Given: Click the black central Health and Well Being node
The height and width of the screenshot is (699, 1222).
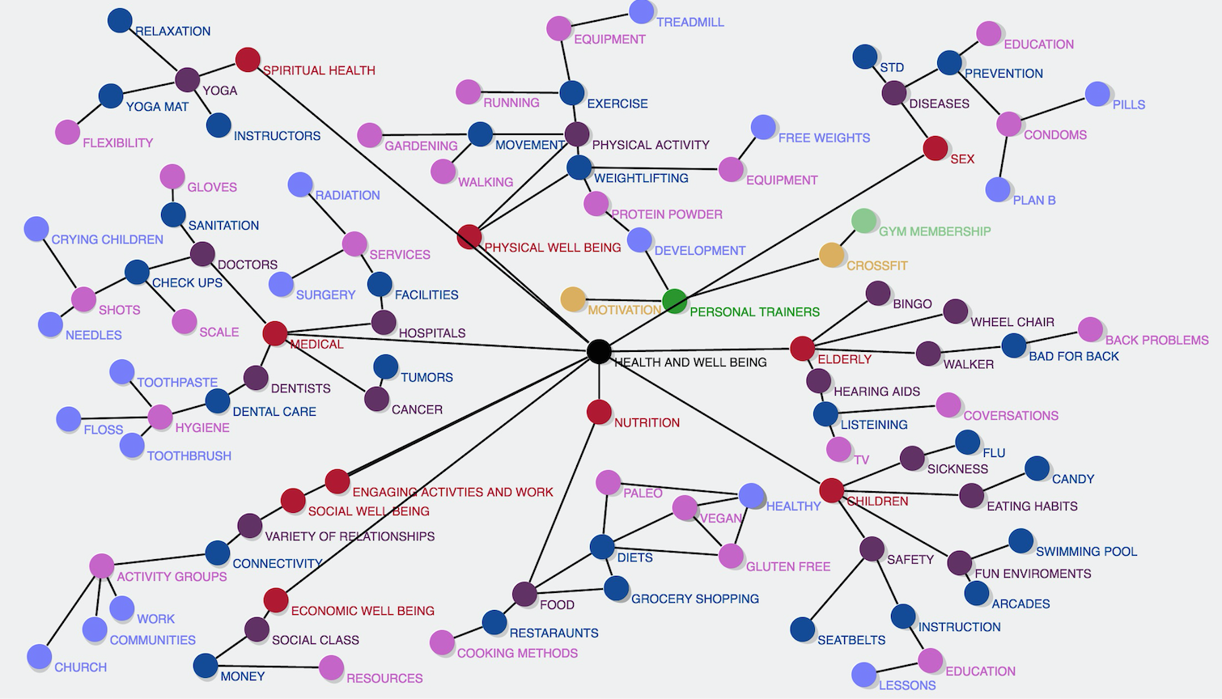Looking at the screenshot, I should pos(599,351).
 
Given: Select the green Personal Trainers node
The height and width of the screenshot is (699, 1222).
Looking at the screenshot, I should pos(674,301).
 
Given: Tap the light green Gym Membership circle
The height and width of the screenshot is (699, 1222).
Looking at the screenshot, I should pos(864,221).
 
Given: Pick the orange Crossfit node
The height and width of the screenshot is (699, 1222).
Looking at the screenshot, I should pos(832,255).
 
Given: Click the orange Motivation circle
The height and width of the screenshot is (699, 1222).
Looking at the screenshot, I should pos(573,299).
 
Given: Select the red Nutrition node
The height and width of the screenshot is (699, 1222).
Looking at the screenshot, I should pos(599,412).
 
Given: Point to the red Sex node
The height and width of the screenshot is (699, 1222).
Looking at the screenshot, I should pos(936,148).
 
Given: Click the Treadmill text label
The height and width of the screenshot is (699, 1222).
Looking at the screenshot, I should pos(689,23).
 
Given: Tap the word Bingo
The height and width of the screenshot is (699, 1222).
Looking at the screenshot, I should pos(912,304).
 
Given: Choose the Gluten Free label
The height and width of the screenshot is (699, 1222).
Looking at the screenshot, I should pos(787,567).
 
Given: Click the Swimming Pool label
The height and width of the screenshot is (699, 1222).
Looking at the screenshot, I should pos(1086,552).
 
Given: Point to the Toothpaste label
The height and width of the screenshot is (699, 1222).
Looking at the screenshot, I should pos(176,383).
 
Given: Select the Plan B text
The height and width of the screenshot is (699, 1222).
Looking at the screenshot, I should pos(1033,201).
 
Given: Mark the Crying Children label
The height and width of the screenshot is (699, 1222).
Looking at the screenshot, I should pos(107,240).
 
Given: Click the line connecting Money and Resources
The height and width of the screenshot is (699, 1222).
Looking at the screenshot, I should pos(267,667).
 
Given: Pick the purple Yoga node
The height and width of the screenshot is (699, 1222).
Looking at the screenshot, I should pos(188,79).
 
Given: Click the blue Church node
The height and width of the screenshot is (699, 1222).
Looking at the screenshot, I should pos(40,657).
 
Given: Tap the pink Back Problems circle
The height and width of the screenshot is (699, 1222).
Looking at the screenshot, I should pos(1090,329).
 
